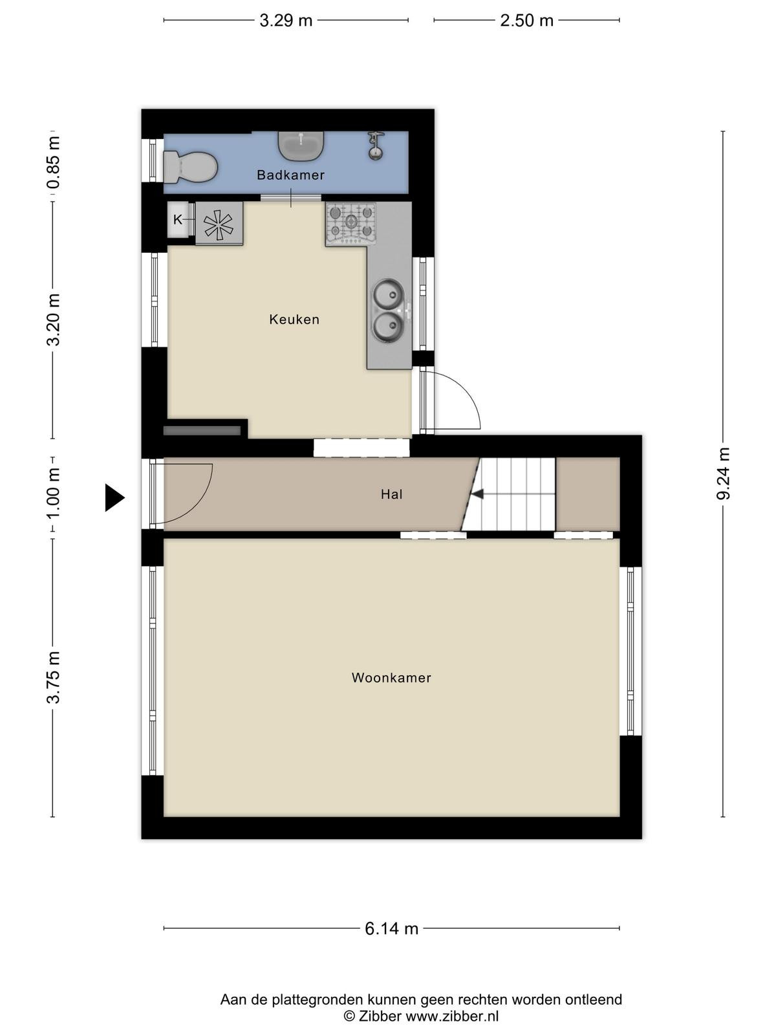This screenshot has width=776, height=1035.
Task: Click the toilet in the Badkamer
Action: pyautogui.click(x=190, y=166)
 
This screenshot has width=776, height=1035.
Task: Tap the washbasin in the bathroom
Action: pyautogui.click(x=301, y=146)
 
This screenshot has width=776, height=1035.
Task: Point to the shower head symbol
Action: pyautogui.click(x=376, y=146)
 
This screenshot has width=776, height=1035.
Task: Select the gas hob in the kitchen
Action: pyautogui.click(x=351, y=224)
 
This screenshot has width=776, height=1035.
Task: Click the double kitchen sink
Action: pyautogui.click(x=389, y=310)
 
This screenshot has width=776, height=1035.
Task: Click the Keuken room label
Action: pyautogui.click(x=294, y=320)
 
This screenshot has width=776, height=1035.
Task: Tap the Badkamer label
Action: pyautogui.click(x=291, y=175)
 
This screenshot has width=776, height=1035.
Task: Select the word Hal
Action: pyautogui.click(x=391, y=494)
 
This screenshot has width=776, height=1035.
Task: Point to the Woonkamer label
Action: pyautogui.click(x=391, y=678)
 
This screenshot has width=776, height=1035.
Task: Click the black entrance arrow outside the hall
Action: pyautogui.click(x=114, y=497)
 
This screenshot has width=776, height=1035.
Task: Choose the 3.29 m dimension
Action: pyautogui.click(x=286, y=21)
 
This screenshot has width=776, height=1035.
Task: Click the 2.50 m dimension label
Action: pyautogui.click(x=527, y=21)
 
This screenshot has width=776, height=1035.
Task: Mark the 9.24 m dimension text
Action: pyautogui.click(x=723, y=474)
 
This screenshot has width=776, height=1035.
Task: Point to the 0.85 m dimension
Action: pyautogui.click(x=53, y=162)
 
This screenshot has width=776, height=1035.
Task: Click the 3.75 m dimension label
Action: pyautogui.click(x=53, y=677)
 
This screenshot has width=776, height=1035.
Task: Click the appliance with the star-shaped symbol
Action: pyautogui.click(x=219, y=224)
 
